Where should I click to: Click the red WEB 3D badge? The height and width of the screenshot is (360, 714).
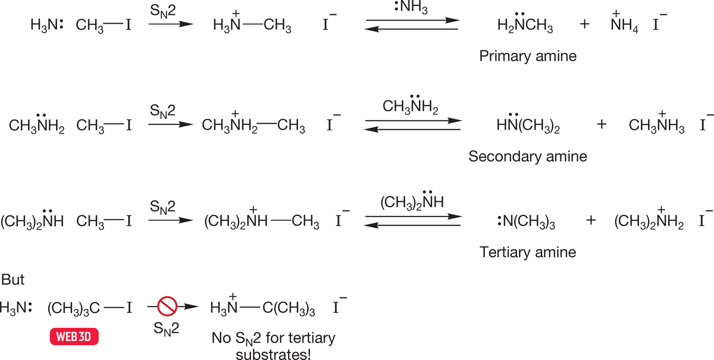point(74,336)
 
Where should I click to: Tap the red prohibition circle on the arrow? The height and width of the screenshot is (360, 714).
point(167,306)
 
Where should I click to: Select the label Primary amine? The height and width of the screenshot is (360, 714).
point(528,56)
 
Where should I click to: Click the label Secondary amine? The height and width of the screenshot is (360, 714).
point(528,156)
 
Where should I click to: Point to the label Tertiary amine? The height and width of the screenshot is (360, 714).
point(528,252)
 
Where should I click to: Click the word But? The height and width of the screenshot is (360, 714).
point(12,280)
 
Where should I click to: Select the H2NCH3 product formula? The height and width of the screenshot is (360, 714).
point(525,23)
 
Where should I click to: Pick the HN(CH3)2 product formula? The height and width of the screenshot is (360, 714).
point(528,123)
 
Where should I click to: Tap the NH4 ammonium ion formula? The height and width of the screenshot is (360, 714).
point(624,23)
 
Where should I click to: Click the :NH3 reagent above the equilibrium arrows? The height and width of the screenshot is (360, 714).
point(411,7)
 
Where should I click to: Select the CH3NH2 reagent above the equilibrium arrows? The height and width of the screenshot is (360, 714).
point(411,105)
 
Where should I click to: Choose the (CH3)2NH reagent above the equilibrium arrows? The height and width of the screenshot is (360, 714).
point(412,201)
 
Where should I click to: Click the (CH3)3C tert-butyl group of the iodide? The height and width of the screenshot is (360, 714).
point(74,308)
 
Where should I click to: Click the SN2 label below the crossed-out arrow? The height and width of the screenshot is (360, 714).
point(166,328)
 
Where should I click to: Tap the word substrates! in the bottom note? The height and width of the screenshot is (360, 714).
point(273,354)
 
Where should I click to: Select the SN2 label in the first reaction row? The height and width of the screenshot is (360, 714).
point(162,11)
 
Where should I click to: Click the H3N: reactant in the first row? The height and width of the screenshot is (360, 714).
point(47,24)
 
